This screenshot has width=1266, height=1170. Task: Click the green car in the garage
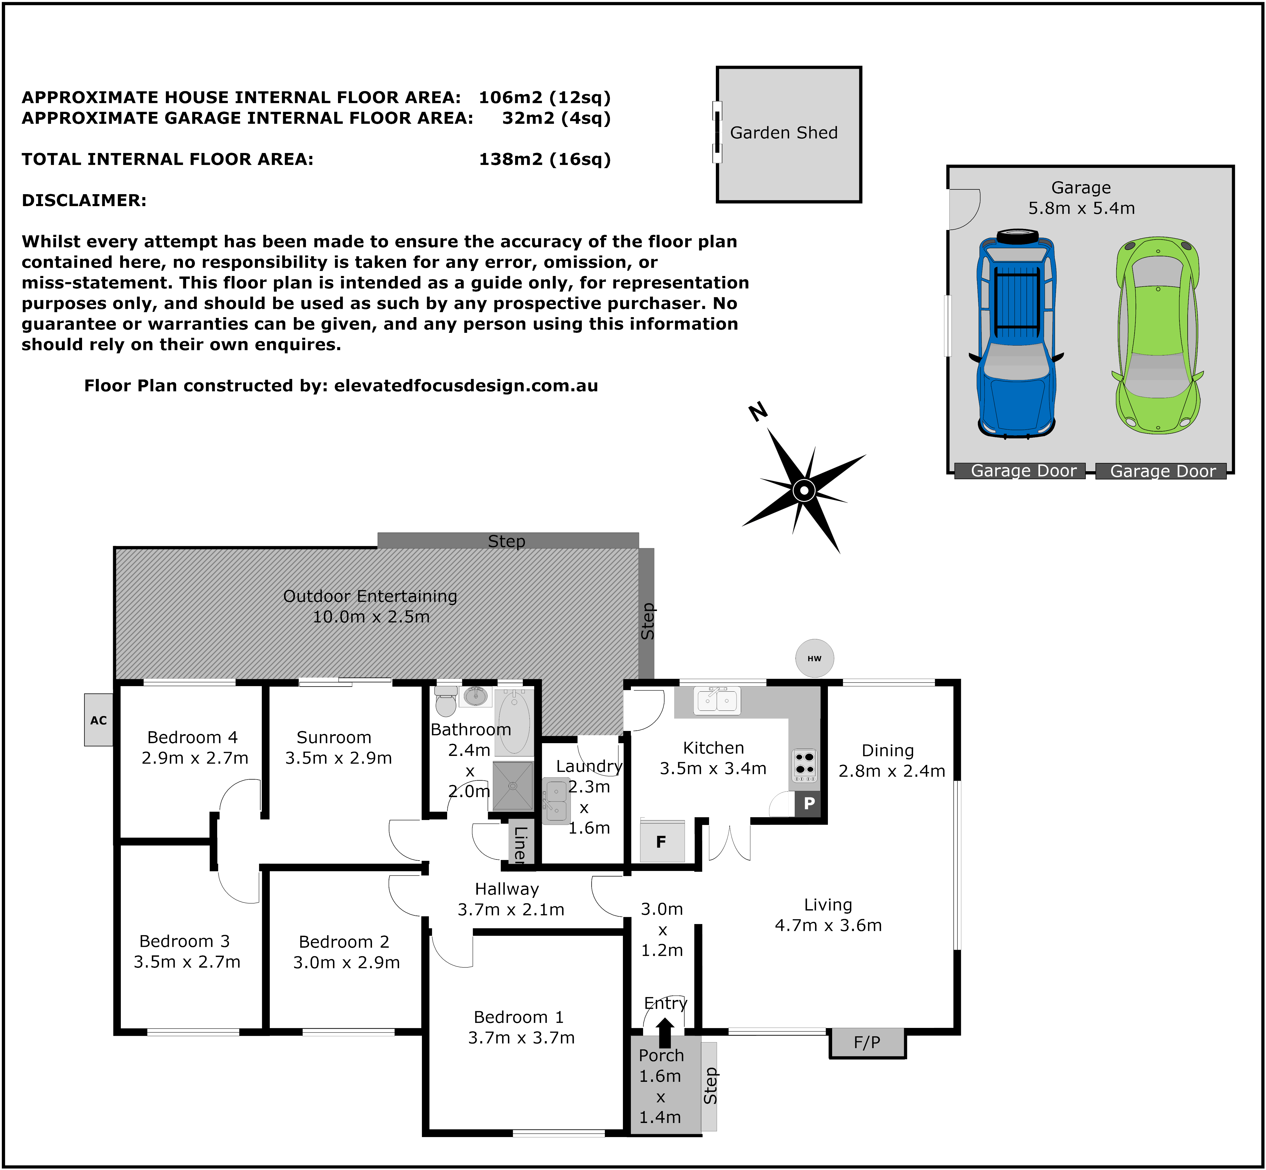coord(1158,335)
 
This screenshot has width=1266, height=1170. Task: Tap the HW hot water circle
coord(815,658)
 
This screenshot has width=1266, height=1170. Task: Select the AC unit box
coord(99,720)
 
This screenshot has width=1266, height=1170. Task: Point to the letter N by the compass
coord(758,412)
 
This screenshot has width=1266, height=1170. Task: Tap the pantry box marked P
coord(808,803)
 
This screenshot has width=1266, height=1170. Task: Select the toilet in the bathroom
coord(446,700)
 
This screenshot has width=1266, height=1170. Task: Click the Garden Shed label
coord(784,133)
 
